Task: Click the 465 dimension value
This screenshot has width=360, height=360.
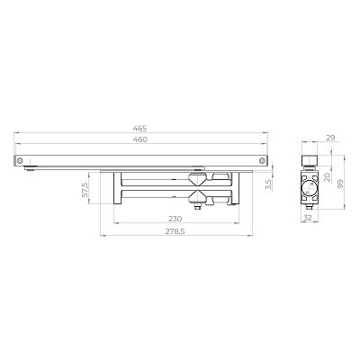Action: pyautogui.click(x=140, y=129)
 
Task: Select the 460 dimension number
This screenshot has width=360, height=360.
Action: pyautogui.click(x=140, y=139)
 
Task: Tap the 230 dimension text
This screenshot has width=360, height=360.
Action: pyautogui.click(x=175, y=219)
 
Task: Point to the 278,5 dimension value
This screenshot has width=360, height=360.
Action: pyautogui.click(x=175, y=231)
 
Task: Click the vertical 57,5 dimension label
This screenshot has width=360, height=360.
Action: pyautogui.click(x=85, y=190)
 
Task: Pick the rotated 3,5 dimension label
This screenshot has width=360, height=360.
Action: pyautogui.click(x=268, y=184)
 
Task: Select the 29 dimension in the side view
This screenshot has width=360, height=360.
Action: pyautogui.click(x=330, y=138)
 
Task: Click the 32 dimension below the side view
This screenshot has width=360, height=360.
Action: pyautogui.click(x=308, y=218)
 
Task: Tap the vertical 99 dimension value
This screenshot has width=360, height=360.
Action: pyautogui.click(x=340, y=184)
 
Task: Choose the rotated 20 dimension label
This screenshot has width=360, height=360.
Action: pyautogui.click(x=327, y=177)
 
